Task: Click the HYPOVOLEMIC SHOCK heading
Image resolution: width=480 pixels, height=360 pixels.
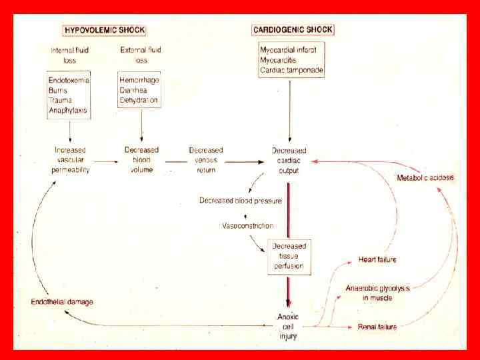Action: coord(104,30)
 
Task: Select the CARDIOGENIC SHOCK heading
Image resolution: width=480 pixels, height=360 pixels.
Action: coord(293,30)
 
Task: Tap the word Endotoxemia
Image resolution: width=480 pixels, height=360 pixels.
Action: coord(69,81)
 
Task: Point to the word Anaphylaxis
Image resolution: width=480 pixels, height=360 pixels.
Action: coord(68,111)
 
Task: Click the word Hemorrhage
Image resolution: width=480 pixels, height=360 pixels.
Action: coord(139,81)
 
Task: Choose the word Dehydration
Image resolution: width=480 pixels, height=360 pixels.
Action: coord(139,101)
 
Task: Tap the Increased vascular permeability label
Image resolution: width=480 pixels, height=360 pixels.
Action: coord(71,160)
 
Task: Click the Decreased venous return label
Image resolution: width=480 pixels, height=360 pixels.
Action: coord(206,160)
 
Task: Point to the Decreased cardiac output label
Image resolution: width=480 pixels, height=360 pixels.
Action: coord(289,160)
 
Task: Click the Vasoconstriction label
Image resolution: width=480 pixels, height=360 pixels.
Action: coord(247,226)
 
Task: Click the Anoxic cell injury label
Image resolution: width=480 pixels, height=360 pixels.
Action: coord(288,326)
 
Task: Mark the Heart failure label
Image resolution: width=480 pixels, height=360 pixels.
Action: coord(377,260)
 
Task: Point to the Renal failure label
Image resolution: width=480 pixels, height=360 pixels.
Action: coord(377,327)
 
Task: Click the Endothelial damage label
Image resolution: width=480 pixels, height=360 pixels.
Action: coord(62,302)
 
